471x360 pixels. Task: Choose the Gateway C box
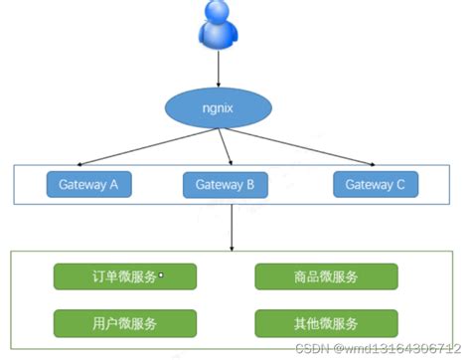(376, 184)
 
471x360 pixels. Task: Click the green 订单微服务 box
(124, 276)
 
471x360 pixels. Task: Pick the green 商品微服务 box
(326, 276)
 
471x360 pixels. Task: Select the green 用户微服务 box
(124, 323)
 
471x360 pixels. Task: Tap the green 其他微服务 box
(326, 323)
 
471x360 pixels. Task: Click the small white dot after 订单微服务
(161, 276)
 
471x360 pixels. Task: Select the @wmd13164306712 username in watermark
(402, 350)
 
